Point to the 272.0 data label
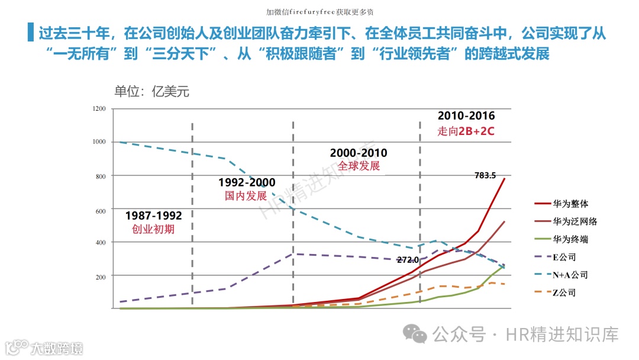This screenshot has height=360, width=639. click(408, 259)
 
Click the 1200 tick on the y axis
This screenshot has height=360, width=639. click(99, 109)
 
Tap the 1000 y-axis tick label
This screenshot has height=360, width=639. click(99, 142)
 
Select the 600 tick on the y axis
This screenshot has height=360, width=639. click(100, 211)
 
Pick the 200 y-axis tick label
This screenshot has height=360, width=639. click(100, 277)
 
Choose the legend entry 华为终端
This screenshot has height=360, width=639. click(570, 239)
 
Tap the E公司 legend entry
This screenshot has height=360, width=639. click(564, 257)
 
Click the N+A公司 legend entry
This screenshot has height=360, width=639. click(570, 275)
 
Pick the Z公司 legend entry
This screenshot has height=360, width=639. click(564, 292)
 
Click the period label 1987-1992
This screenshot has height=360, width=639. click(154, 216)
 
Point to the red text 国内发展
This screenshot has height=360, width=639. click(246, 196)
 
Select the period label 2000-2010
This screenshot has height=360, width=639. click(359, 153)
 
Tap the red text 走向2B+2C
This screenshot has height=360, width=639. click(466, 131)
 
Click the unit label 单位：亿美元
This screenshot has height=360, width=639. click(151, 92)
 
